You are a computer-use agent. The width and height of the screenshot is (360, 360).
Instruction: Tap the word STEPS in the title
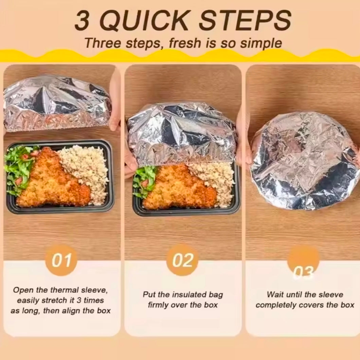tap(245, 21)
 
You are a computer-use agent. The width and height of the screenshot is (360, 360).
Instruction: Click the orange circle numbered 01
tap(61, 260)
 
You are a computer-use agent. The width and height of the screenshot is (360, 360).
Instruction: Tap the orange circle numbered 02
tap(182, 260)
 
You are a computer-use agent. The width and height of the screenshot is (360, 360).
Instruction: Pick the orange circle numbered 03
tap(303, 262)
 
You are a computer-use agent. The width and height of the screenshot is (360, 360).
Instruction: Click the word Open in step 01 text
tap(22, 290)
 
